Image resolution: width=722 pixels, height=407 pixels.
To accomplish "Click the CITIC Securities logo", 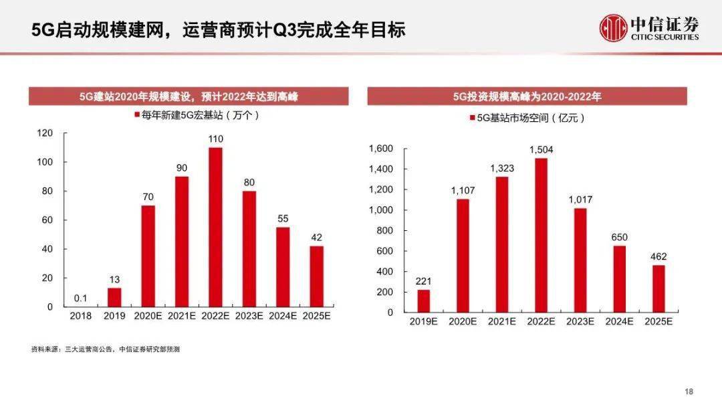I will coord(648,29).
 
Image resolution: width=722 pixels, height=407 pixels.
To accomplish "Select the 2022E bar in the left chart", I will coord(215,227).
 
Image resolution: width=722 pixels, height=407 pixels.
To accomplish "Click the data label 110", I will coord(215,139).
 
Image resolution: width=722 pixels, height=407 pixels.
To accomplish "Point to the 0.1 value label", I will coord(80,298).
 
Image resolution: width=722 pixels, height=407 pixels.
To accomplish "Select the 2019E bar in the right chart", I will coord(424,301).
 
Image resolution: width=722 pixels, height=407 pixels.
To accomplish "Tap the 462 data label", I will coord(658,256).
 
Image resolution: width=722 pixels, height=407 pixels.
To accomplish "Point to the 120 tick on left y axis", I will coord(45,133).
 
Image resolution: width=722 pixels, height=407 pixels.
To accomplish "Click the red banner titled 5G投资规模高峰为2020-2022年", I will coord(527,96).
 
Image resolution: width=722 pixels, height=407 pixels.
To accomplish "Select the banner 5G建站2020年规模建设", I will coord(188,96).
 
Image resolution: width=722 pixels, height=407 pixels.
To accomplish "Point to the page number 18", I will coord(691,392).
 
